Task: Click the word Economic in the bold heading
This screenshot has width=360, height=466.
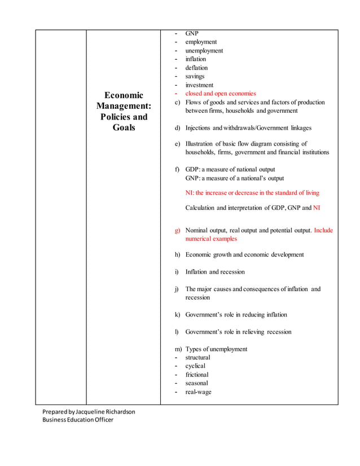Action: coord(124,95)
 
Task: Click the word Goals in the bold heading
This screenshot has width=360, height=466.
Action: coord(124,128)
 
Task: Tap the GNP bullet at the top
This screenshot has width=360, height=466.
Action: coord(192,33)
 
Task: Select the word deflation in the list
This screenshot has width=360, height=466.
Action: coord(196,68)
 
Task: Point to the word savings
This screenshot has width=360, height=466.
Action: coord(195,76)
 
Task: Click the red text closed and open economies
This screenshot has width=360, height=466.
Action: coord(221,94)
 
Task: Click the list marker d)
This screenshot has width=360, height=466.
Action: coord(178,128)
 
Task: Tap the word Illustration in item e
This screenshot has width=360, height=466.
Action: coord(201,144)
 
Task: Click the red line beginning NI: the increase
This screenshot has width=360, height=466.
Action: coord(252,193)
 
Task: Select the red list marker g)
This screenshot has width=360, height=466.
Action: coord(178,230)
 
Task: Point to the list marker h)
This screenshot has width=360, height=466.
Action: coord(178,254)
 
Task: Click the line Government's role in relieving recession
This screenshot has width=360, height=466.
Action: coord(238,332)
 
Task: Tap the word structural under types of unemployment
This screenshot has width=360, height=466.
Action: coord(197,358)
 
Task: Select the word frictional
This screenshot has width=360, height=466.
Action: coord(197,375)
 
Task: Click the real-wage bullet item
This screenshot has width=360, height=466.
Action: coord(198,392)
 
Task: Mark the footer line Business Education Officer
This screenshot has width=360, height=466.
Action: coord(78,420)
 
